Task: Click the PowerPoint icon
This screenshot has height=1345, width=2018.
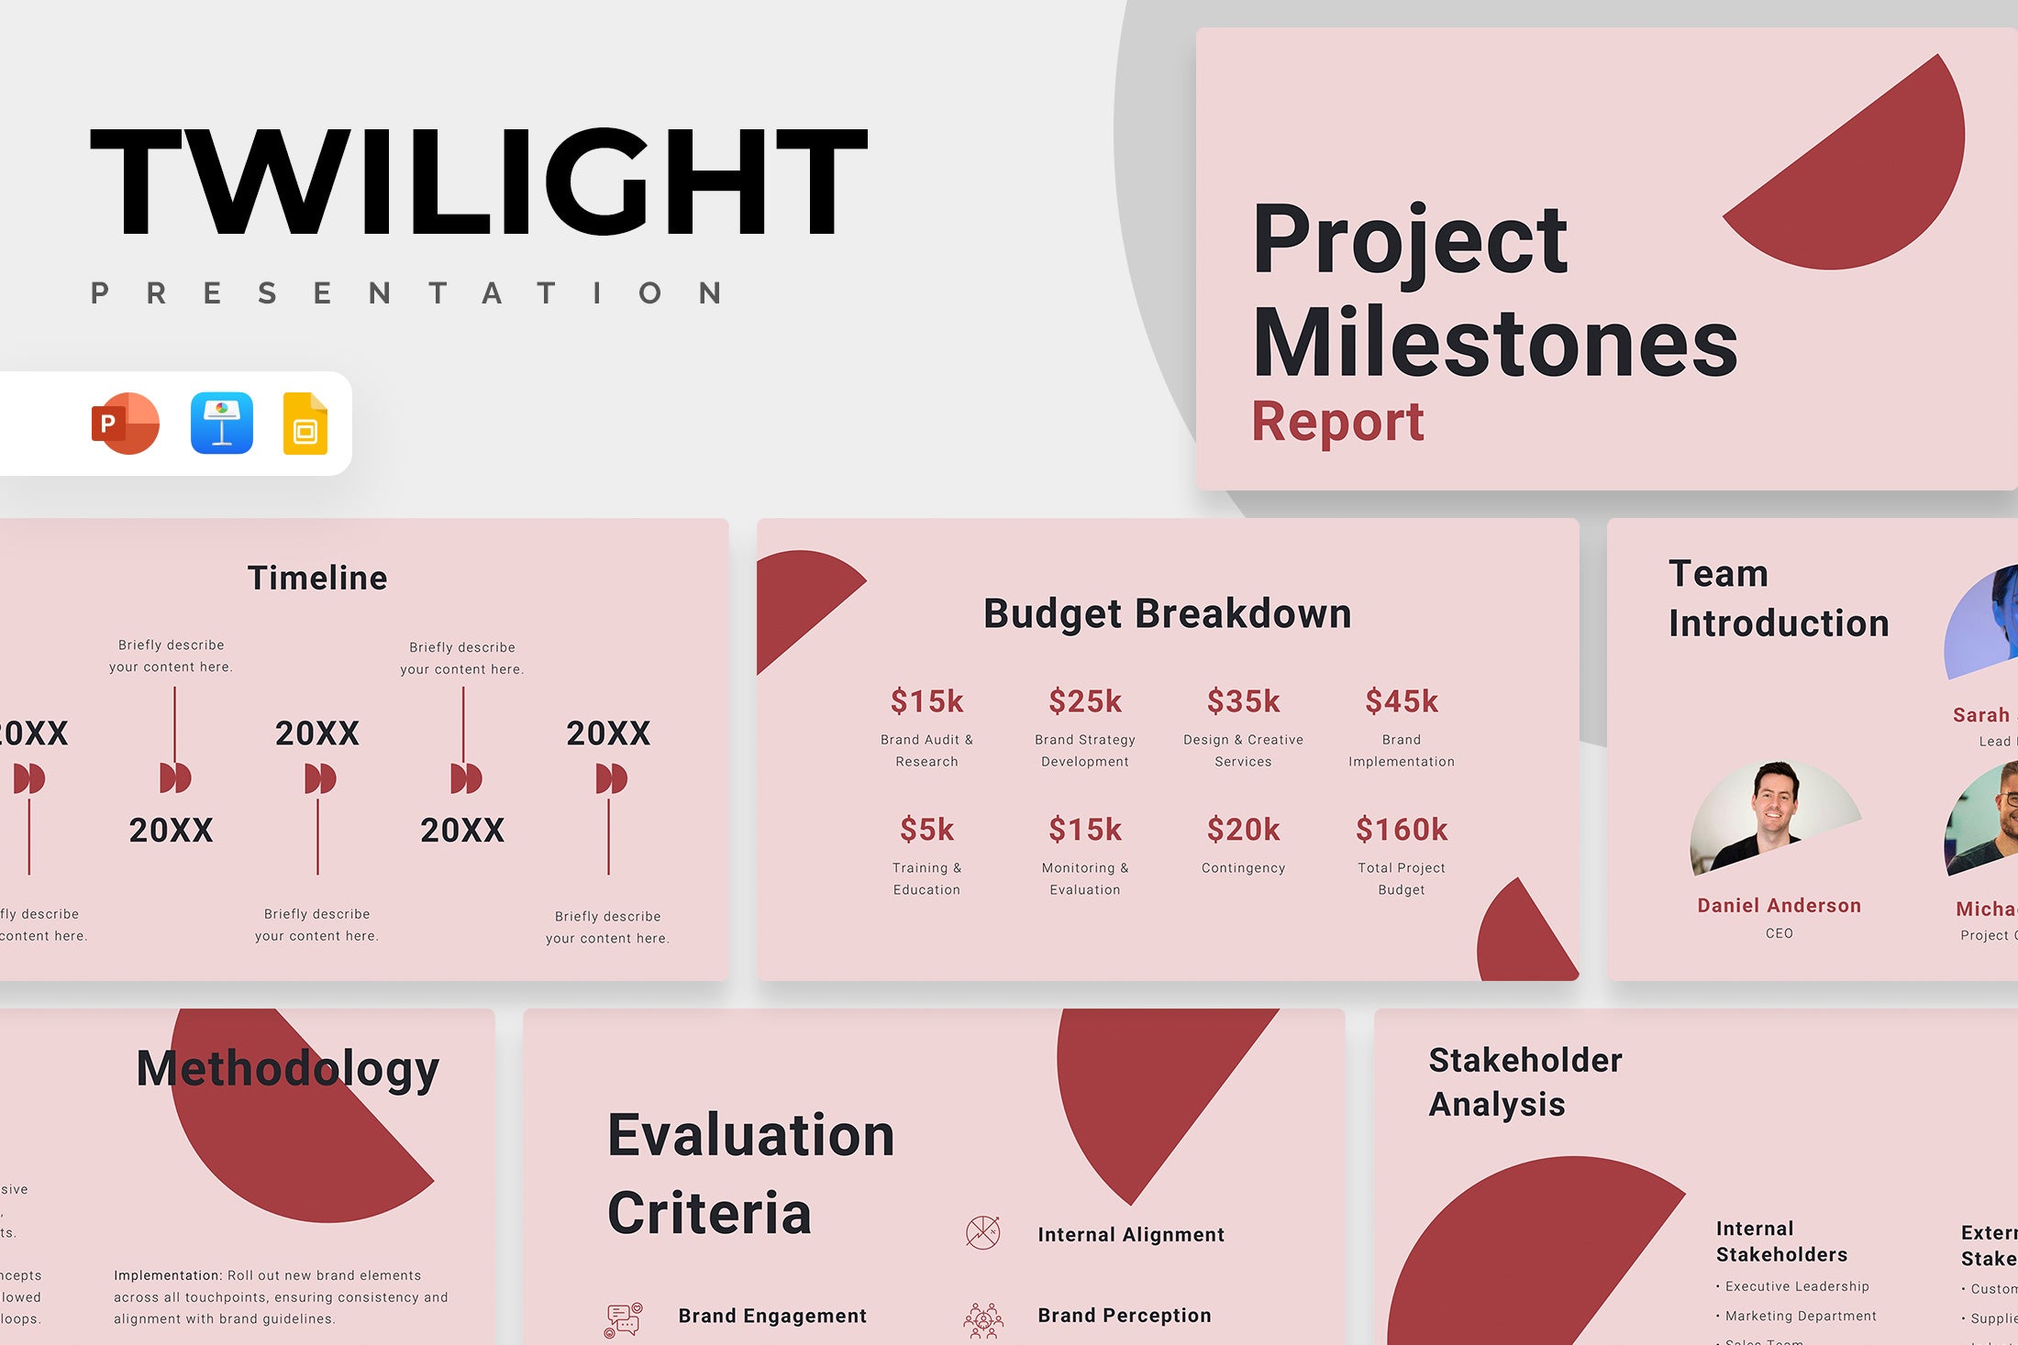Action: pyautogui.click(x=126, y=424)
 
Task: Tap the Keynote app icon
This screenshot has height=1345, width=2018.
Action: pyautogui.click(x=222, y=424)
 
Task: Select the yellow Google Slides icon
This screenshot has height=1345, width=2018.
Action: pyautogui.click(x=305, y=424)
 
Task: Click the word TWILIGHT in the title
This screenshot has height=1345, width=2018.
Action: pyautogui.click(x=479, y=182)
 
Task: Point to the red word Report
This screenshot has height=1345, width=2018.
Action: pyautogui.click(x=1337, y=422)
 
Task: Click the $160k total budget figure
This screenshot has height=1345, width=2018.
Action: pyautogui.click(x=1401, y=830)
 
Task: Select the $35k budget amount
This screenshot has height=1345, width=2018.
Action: pyautogui.click(x=1243, y=701)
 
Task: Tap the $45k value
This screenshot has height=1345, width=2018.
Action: pyautogui.click(x=1401, y=701)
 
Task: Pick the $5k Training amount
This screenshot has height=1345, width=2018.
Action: pyautogui.click(x=926, y=830)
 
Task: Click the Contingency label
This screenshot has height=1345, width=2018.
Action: pyautogui.click(x=1243, y=867)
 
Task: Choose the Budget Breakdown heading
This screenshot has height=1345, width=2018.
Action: pyautogui.click(x=1167, y=613)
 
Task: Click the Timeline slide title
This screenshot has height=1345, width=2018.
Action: pyautogui.click(x=317, y=578)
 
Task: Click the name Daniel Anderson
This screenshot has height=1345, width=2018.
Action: pyautogui.click(x=1779, y=906)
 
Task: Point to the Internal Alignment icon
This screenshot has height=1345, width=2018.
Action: pyautogui.click(x=982, y=1233)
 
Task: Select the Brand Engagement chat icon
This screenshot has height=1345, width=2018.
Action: pyautogui.click(x=624, y=1319)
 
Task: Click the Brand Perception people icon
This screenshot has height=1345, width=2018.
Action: pyautogui.click(x=982, y=1319)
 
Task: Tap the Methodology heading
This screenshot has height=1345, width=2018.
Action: pyautogui.click(x=287, y=1069)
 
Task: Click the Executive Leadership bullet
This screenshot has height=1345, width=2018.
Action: pyautogui.click(x=1796, y=1286)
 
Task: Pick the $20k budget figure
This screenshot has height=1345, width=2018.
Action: pyautogui.click(x=1243, y=830)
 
